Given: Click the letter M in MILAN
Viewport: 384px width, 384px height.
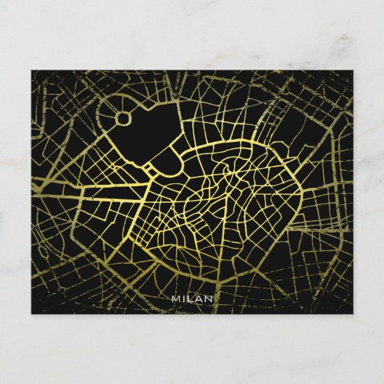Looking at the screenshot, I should tap(175, 298).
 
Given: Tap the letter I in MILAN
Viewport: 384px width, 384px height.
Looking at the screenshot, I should tap(184, 298).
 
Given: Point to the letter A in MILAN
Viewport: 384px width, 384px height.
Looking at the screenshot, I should tap(200, 298).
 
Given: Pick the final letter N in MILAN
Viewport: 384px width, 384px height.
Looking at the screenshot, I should tap(209, 298).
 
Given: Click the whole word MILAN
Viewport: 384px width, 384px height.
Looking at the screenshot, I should tap(192, 298).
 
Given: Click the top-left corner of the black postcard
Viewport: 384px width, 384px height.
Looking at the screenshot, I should tap(32, 71).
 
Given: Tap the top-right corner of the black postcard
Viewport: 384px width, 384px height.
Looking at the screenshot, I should tap(352, 71).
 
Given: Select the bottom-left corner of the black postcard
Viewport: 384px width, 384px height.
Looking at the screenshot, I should tap(32, 313).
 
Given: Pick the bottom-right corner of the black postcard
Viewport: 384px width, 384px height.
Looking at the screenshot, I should tap(352, 313).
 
